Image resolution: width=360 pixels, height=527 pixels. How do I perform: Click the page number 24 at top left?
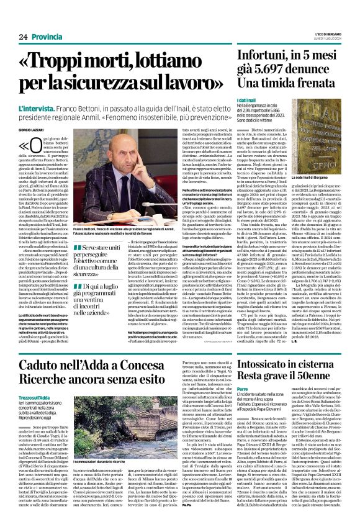coord(15,20)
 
